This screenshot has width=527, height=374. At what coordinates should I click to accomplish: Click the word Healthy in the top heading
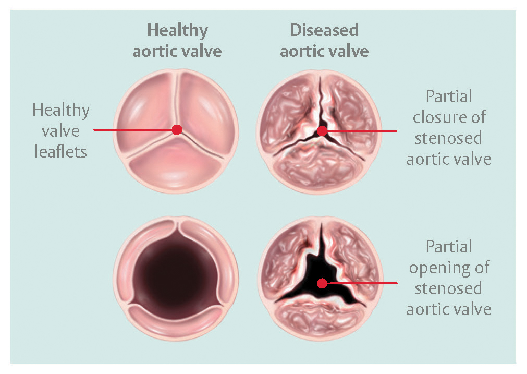[x=177, y=31]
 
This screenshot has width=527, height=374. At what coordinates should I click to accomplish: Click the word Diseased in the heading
[x=324, y=30]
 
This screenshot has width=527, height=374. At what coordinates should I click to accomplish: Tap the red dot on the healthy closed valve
[x=177, y=129]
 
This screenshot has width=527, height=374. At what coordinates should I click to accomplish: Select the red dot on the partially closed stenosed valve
[x=322, y=131]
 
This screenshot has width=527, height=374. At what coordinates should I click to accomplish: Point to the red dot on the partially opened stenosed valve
[x=322, y=283]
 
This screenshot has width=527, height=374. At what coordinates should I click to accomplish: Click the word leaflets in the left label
[x=61, y=152]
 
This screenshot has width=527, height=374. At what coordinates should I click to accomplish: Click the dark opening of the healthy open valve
[x=175, y=276]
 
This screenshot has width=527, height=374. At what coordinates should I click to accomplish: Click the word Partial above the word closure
[x=449, y=96]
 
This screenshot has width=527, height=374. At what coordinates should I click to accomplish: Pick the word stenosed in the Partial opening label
[x=448, y=288]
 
